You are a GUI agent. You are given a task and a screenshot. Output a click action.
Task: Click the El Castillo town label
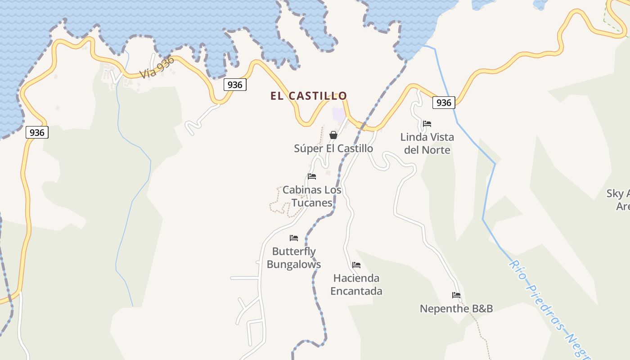point(309,96)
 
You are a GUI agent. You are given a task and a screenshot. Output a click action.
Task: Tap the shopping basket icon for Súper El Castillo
point(333,135)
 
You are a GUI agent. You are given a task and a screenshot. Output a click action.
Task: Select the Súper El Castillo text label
point(333,148)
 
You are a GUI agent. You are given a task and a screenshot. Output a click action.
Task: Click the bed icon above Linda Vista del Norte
point(427,124)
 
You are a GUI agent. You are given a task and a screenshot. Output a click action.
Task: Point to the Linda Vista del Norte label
point(427,143)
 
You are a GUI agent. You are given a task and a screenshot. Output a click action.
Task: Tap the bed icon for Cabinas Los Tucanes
point(312,176)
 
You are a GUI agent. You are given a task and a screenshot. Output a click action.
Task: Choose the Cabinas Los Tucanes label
point(312,196)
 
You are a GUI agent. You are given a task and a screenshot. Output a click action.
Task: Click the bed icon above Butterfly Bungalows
point(294,238)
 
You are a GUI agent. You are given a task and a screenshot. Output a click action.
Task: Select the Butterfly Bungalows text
point(294,258)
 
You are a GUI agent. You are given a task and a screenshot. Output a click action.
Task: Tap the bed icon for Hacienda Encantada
point(356,265)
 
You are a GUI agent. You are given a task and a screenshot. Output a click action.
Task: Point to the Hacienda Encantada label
point(356,284)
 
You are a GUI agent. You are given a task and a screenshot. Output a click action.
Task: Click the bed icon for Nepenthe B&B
point(456,296)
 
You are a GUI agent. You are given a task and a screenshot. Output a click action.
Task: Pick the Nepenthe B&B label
point(456,309)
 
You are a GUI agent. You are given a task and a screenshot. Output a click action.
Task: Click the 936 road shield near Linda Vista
point(444,103)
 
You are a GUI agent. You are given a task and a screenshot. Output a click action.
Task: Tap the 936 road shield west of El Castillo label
point(235,85)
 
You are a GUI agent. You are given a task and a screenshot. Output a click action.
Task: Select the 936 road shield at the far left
point(37,132)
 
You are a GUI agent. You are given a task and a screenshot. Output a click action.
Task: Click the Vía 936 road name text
point(157,68)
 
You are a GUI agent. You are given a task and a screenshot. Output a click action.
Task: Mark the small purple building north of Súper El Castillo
point(338,114)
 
